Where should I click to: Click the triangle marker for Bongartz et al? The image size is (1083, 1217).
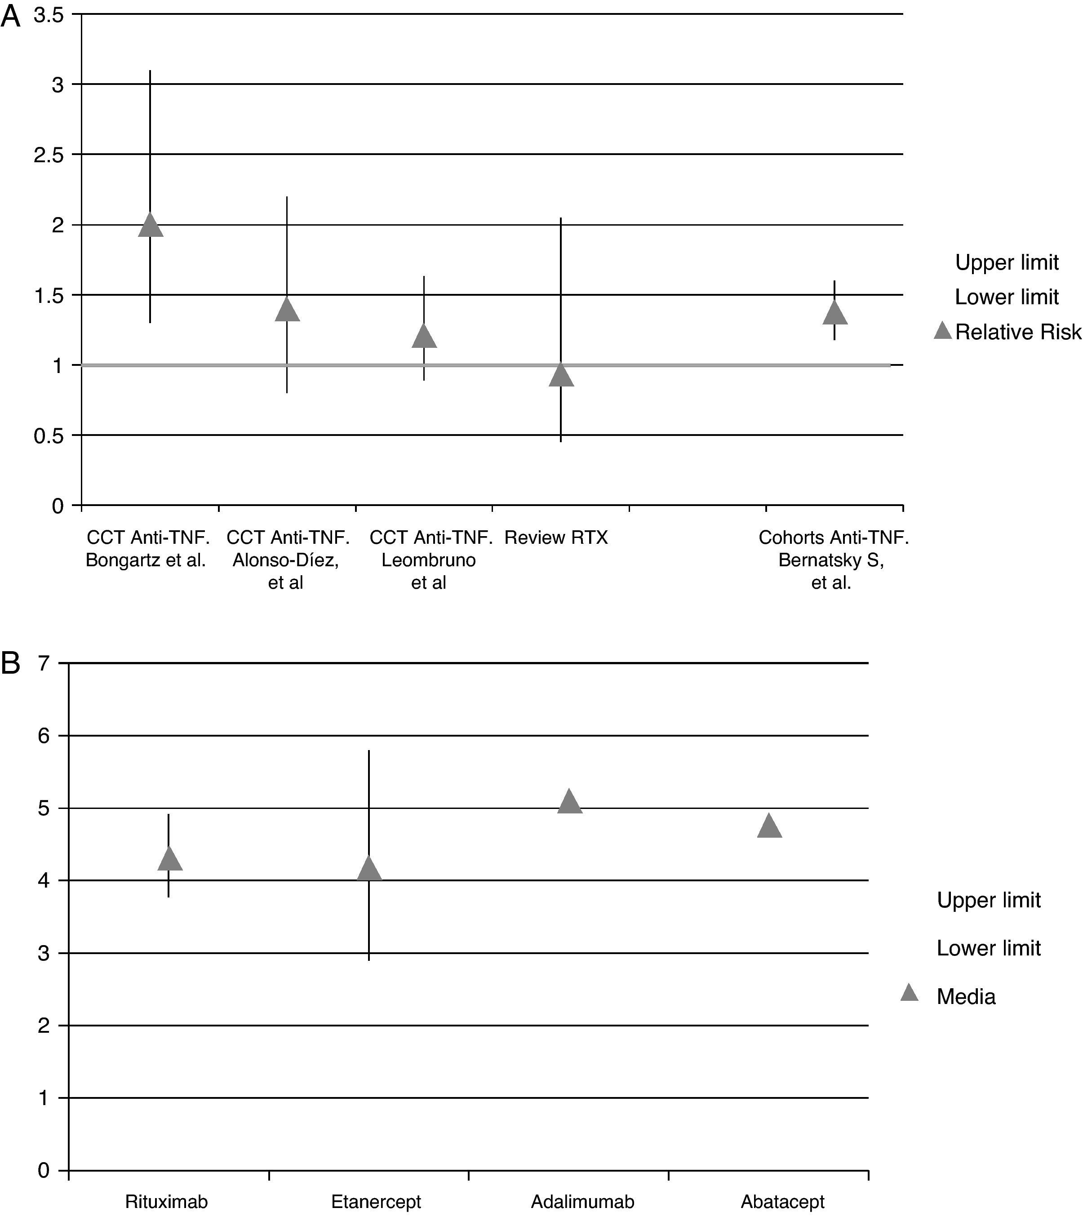pyautogui.click(x=150, y=226)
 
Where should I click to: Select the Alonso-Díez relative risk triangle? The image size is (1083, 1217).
pyautogui.click(x=287, y=310)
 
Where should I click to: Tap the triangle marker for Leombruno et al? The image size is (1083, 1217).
pyautogui.click(x=424, y=337)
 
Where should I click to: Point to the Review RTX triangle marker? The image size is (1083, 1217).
pyautogui.click(x=561, y=376)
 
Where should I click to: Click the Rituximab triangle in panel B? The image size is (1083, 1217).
pyautogui.click(x=170, y=859)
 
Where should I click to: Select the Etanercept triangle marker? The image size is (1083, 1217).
pyautogui.click(x=368, y=869)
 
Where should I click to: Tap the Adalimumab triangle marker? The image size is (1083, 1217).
pyautogui.click(x=569, y=802)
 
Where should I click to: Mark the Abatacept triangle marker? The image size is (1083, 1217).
pyautogui.click(x=769, y=826)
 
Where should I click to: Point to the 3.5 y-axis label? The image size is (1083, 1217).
pyautogui.click(x=49, y=15)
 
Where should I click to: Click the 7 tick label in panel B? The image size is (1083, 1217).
pyautogui.click(x=44, y=663)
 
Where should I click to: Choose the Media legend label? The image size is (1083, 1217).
pyautogui.click(x=966, y=997)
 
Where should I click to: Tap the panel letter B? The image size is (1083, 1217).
pyautogui.click(x=11, y=663)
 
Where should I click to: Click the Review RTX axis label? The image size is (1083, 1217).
pyautogui.click(x=556, y=537)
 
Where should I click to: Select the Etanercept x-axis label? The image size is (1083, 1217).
pyautogui.click(x=376, y=1202)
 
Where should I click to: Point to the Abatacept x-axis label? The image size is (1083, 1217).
pyautogui.click(x=782, y=1202)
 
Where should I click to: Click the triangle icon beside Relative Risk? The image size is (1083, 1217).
pyautogui.click(x=942, y=331)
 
